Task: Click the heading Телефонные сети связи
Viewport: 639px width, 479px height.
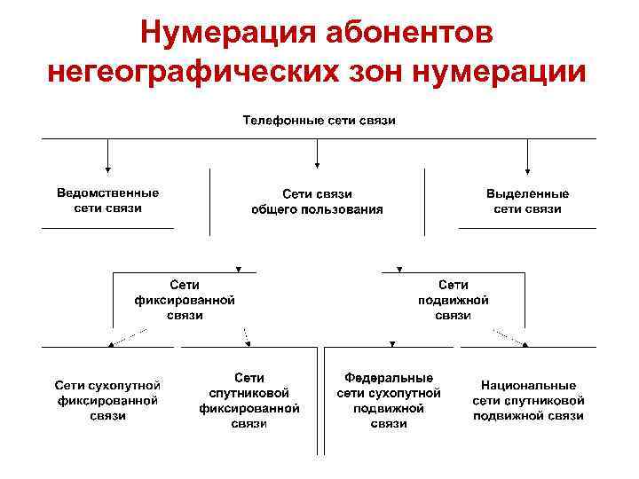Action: [x=319, y=120]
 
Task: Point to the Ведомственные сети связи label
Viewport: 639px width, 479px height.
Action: [x=108, y=200]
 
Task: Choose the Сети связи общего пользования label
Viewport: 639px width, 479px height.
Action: [x=318, y=201]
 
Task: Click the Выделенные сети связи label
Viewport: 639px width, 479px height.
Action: [x=528, y=201]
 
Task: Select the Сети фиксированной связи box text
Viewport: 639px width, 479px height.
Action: [x=185, y=300]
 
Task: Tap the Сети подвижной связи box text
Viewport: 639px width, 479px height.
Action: [x=454, y=300]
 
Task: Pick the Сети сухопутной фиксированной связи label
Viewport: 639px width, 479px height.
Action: [x=107, y=400]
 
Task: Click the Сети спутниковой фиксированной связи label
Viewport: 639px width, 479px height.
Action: [x=249, y=400]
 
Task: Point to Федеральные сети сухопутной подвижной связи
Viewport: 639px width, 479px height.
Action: [x=389, y=400]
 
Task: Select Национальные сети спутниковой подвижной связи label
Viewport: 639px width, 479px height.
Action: [x=528, y=400]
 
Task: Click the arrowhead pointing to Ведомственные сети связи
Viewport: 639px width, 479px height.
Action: [x=108, y=168]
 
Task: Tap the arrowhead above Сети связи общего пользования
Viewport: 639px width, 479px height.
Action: [x=318, y=164]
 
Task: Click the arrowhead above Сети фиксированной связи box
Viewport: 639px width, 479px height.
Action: [x=237, y=269]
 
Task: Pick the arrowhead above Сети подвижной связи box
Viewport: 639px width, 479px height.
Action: [x=398, y=269]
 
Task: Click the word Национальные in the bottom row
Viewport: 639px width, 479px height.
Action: [x=528, y=386]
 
